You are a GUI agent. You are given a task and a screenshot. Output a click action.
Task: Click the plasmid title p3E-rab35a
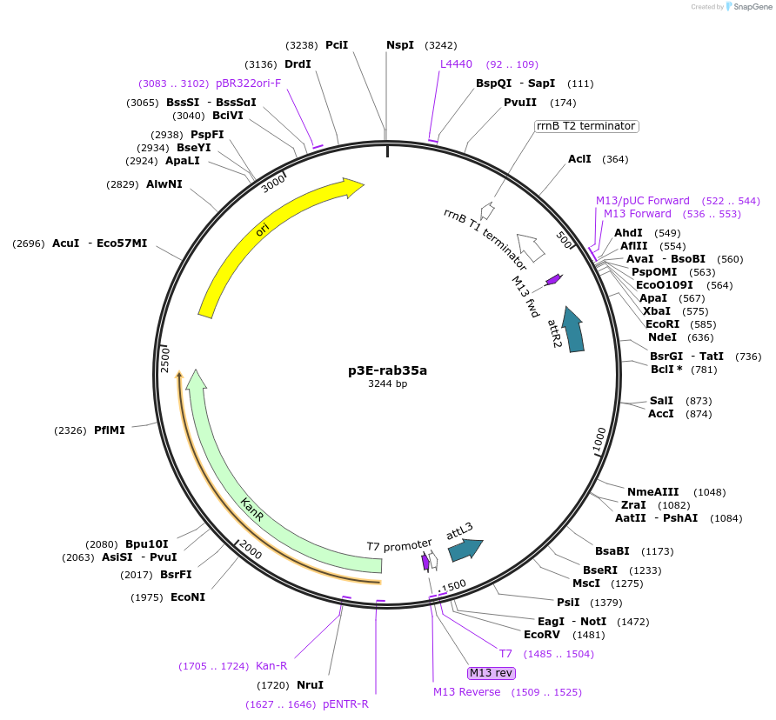[387, 370]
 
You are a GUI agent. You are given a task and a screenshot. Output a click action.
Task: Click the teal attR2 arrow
[573, 330]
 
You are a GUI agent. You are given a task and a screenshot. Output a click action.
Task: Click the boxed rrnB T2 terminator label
[585, 126]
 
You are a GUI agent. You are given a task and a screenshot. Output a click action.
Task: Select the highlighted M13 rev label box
[492, 673]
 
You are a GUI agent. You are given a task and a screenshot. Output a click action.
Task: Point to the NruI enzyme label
[310, 685]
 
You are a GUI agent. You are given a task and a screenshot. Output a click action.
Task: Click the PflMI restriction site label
[110, 430]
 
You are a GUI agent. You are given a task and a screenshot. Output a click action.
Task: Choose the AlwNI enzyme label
[164, 183]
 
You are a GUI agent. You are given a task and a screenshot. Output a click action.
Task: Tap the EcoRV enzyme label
[541, 635]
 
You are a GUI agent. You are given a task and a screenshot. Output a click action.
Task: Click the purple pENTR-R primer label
[345, 704]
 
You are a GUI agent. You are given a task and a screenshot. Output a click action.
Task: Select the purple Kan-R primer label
[271, 666]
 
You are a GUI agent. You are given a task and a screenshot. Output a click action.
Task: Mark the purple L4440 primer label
[456, 64]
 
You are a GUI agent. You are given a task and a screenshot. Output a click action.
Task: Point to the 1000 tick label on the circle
[599, 440]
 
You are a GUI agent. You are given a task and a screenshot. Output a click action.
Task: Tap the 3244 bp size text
[387, 383]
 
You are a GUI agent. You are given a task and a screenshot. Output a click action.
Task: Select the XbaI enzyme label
[656, 311]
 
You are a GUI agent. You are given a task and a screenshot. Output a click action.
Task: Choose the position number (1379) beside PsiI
[605, 603]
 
